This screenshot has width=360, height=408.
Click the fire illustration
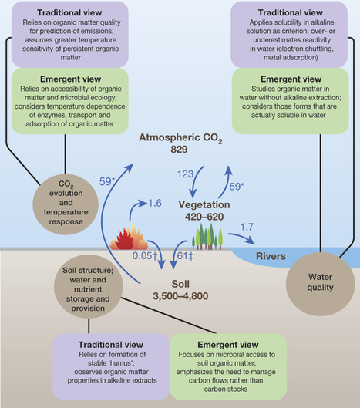(x=129, y=237)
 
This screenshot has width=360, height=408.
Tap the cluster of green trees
(x=207, y=236)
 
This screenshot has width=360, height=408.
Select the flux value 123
(x=185, y=174)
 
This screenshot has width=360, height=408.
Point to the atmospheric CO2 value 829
(x=179, y=150)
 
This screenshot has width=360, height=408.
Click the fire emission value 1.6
(x=155, y=203)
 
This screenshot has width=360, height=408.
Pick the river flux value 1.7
(x=247, y=227)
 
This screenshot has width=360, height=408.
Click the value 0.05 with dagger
(x=145, y=256)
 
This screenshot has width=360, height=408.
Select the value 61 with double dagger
(x=185, y=256)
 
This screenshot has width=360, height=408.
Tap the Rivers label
(x=271, y=256)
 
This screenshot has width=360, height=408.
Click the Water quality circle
(x=320, y=284)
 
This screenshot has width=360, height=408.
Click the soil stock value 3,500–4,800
(x=180, y=296)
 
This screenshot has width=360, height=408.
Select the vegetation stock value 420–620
(x=204, y=217)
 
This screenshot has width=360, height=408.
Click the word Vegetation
(x=204, y=205)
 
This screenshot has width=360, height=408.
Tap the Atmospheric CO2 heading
(x=180, y=138)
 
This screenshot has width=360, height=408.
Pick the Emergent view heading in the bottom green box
(x=228, y=345)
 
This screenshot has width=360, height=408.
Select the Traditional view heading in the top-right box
(x=291, y=12)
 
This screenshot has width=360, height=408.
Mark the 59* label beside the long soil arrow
(x=107, y=181)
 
